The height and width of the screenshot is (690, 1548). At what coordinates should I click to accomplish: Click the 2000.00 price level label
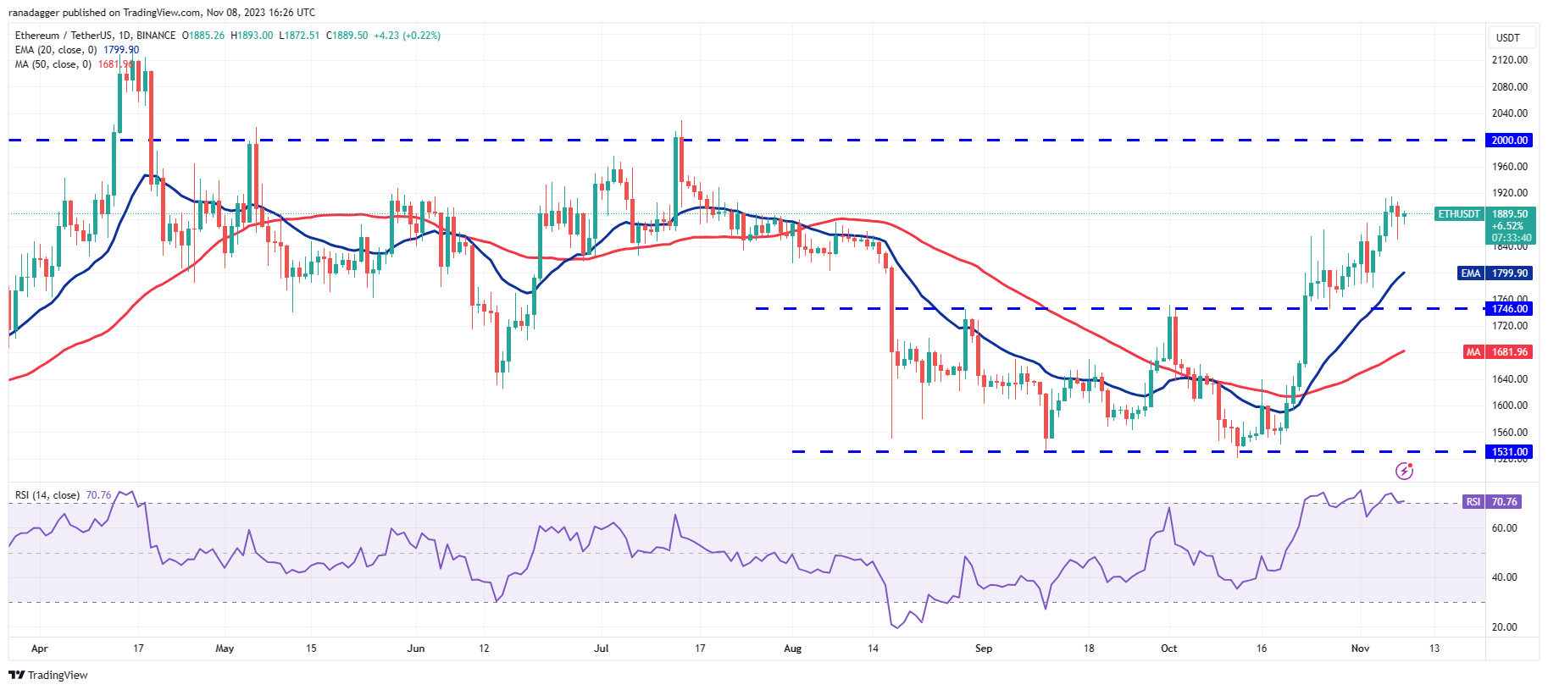coord(1509,141)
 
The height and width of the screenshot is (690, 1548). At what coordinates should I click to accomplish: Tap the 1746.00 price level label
coord(1509,309)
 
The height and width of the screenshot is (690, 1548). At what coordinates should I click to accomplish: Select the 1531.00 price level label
coord(1509,452)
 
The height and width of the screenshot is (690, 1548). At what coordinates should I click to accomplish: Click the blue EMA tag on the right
coord(1470,273)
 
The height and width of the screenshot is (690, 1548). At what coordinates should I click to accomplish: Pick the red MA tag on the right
coord(1473,352)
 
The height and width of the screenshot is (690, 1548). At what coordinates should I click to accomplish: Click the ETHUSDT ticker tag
coord(1458,214)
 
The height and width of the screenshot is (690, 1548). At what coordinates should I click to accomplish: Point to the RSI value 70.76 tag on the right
coord(1504,502)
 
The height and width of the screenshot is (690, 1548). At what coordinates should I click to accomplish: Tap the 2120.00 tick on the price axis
coord(1510,60)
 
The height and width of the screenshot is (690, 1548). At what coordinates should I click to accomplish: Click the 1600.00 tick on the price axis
coord(1510,406)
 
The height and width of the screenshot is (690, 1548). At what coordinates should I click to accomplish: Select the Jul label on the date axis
coord(601,649)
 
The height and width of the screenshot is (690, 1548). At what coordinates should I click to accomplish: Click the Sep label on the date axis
coord(983,649)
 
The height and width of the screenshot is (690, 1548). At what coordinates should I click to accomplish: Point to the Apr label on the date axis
coord(39,649)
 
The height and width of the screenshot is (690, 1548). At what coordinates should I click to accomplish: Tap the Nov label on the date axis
coord(1360,649)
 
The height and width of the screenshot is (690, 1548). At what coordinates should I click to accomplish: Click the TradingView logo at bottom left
coord(48,675)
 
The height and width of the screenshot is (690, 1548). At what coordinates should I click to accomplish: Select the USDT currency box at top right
coord(1508,38)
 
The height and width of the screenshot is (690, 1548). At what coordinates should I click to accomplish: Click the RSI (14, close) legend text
coord(47,495)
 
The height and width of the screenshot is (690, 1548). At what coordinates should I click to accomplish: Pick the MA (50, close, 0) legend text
coord(53,64)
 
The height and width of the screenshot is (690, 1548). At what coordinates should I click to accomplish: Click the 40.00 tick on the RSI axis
coord(1504,577)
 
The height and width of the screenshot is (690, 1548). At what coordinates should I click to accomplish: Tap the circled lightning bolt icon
coord(1404,471)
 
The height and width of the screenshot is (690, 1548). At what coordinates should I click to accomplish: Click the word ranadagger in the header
coord(33,13)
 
